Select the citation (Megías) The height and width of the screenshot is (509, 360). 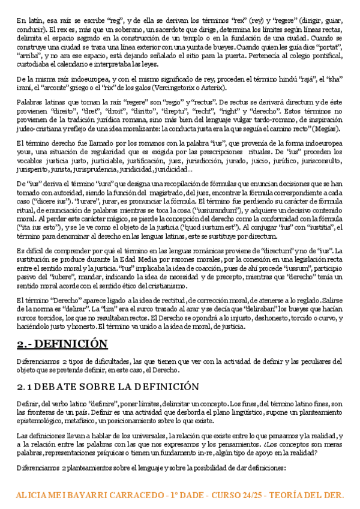[328, 128]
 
